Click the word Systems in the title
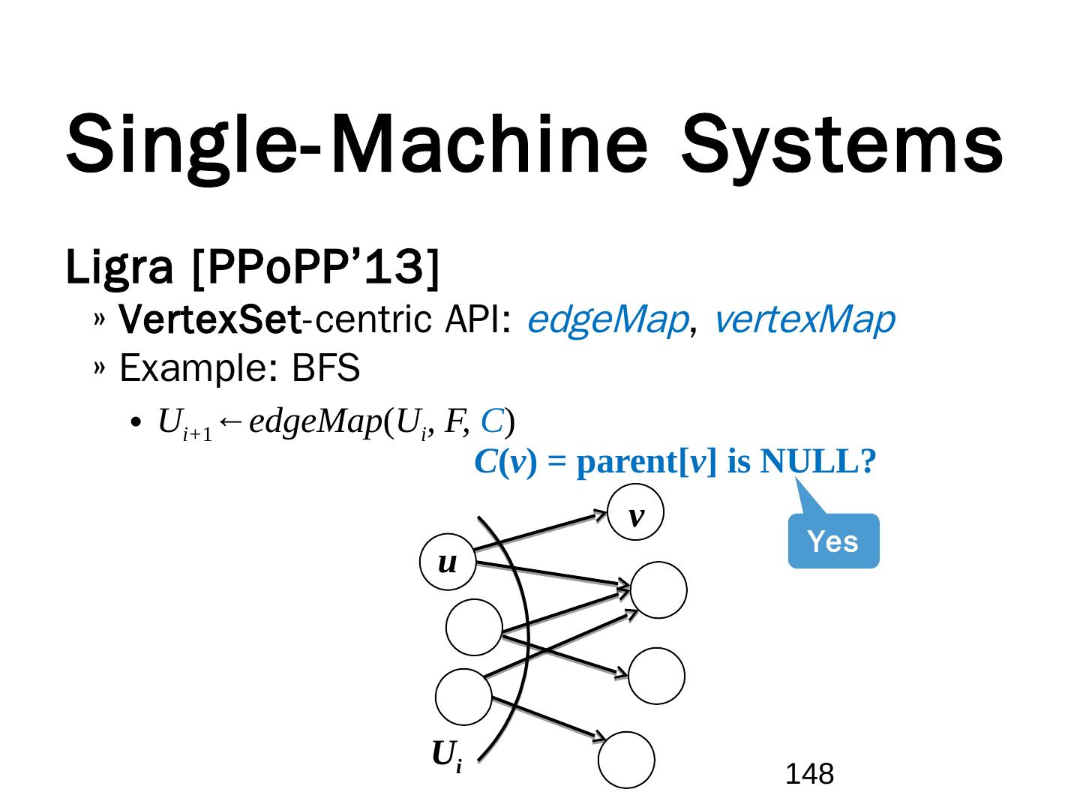coord(841,142)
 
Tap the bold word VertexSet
coord(210,321)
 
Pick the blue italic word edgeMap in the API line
coord(607,320)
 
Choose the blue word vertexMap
coord(804,320)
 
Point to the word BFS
coord(325,369)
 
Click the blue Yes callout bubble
coord(833,541)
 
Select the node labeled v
coord(636,513)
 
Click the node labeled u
coord(448,562)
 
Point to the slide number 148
coord(810,773)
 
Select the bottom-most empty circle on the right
coord(626,760)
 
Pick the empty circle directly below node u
coord(474,628)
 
